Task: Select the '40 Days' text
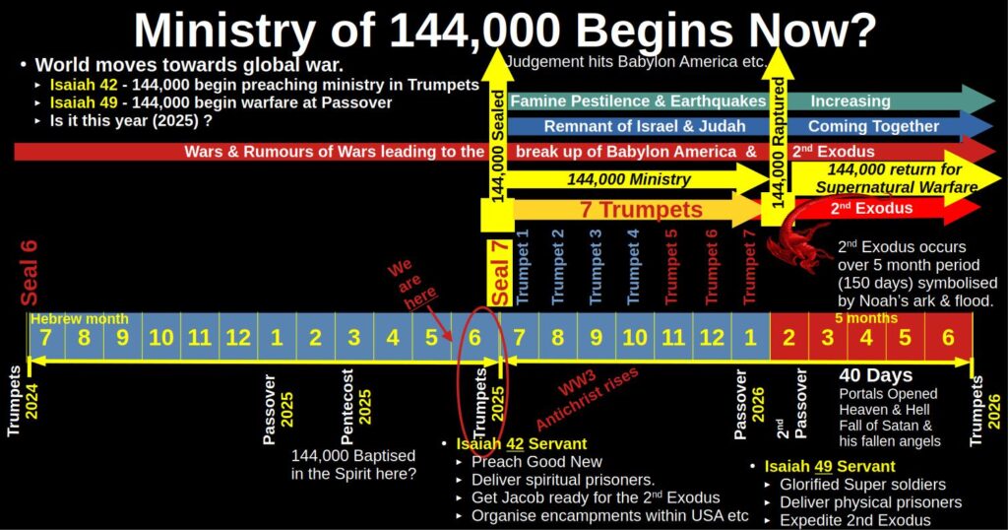click(875, 375)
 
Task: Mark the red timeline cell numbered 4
click(866, 338)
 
